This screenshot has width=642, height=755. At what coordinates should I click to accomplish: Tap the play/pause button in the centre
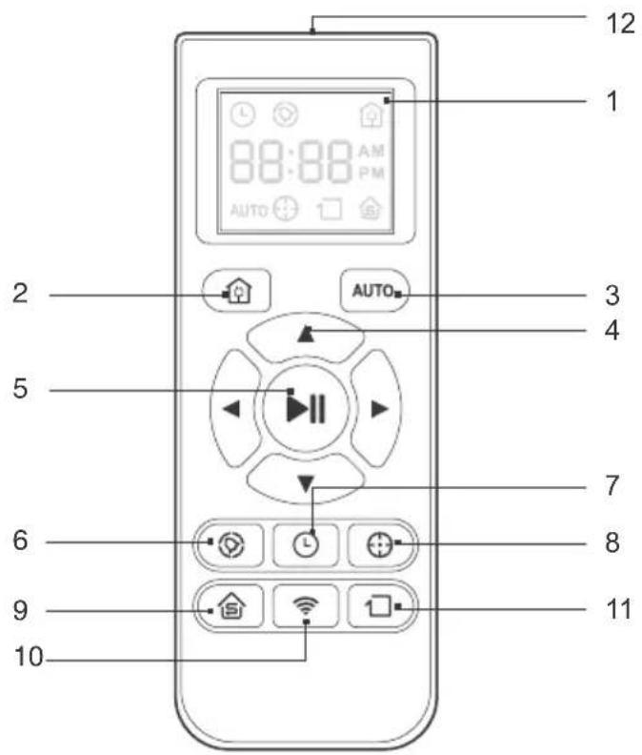[x=306, y=409]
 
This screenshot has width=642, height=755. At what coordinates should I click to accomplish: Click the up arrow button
[x=306, y=337]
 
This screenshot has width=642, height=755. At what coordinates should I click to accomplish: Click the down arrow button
[x=306, y=480]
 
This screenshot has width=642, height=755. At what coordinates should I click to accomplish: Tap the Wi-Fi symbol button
[x=306, y=606]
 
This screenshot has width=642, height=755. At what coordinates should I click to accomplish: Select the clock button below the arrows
[x=306, y=545]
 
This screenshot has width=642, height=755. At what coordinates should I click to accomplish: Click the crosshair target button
[x=380, y=545]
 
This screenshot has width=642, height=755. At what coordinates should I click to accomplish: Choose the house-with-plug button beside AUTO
[x=237, y=291]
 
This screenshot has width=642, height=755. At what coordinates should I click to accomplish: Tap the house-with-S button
[x=231, y=606]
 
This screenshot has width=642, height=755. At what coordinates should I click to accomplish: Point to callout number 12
[x=620, y=23]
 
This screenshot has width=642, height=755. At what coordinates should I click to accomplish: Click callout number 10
[x=29, y=656]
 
